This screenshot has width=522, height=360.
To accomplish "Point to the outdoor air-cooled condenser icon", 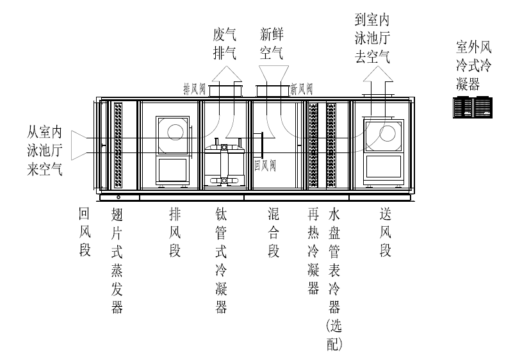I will coord(473,107).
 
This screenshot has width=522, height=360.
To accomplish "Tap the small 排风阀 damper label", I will coord(195,88).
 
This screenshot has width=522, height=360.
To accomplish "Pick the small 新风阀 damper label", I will coord(302,88).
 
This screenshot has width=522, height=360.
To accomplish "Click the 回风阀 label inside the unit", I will coord(265,165).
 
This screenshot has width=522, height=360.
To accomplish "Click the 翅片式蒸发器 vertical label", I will coord(117,260).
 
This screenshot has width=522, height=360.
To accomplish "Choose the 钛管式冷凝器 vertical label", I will coord(222,260).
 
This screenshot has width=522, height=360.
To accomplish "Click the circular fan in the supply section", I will coord(387,133).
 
